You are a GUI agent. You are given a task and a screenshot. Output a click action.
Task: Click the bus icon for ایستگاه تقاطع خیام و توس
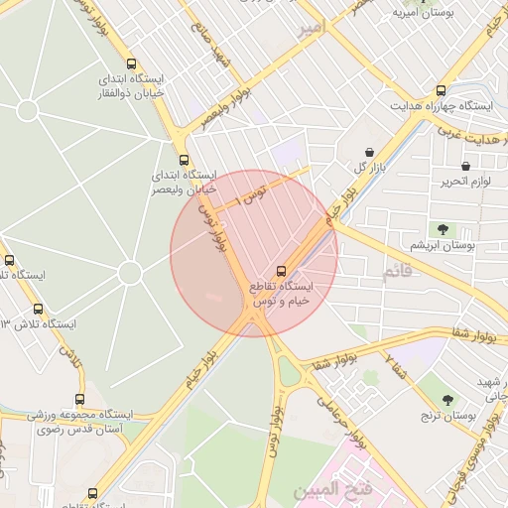click(282, 270)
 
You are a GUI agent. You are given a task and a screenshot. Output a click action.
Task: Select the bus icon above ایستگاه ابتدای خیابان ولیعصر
click(183, 160)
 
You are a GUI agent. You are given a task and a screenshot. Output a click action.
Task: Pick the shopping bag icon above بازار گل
click(370, 152)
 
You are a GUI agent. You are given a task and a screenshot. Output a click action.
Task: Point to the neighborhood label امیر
click(311, 29)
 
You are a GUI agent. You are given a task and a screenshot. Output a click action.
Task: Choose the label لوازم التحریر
click(461, 183)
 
